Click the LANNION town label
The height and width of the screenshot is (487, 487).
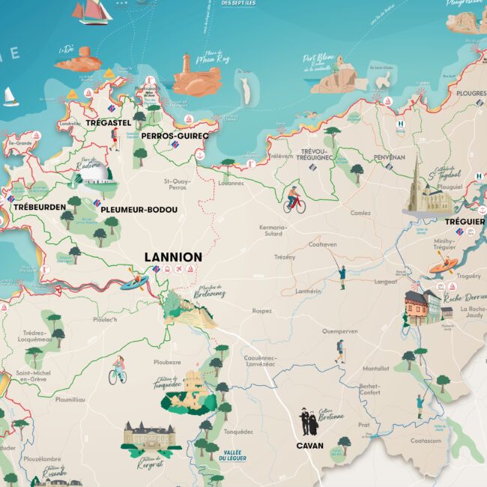tap(173, 257)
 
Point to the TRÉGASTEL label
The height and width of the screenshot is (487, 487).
tap(108, 122)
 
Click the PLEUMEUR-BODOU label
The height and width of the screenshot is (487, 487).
tap(139, 210)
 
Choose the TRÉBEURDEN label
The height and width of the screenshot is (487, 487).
tap(37, 206)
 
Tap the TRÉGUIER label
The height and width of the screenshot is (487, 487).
tap(465, 222)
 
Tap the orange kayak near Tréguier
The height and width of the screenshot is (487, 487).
tap(443, 265)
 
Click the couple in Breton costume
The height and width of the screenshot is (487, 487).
tap(309, 423)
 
